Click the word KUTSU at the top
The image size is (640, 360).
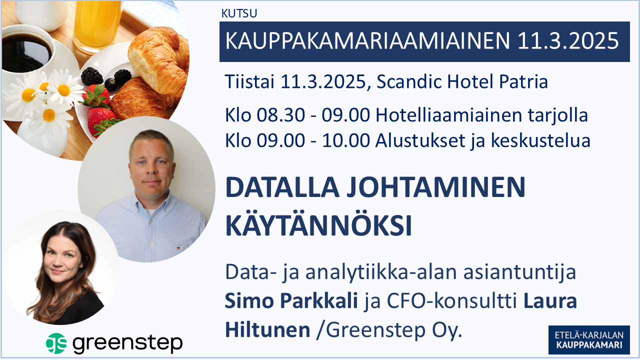[239, 13]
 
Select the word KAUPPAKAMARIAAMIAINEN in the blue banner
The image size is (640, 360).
[367, 41]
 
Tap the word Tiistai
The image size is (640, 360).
[249, 81]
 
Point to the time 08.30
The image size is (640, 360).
[281, 115]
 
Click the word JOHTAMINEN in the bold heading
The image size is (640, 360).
[436, 187]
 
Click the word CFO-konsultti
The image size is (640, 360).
[452, 301]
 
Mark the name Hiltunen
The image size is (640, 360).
[267, 330]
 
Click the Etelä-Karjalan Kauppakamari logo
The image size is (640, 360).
[589, 340]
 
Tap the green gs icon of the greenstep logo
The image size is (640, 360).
[56, 343]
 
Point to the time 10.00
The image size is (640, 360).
[346, 140]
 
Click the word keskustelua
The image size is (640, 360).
[540, 140]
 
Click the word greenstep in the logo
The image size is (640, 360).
[127, 343]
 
